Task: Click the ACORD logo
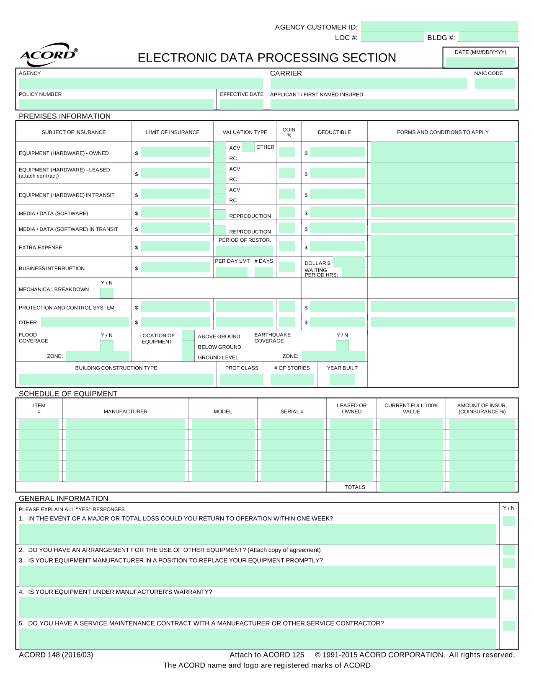tap(48, 55)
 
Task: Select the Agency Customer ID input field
tap(439, 26)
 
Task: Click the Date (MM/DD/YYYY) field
tap(480, 62)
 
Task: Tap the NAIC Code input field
tap(494, 83)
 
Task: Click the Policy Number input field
tap(116, 104)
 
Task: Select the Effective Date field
tap(241, 104)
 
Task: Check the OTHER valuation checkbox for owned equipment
tap(248, 147)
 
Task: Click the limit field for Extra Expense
tap(175, 246)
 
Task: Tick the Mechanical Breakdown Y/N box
tap(106, 293)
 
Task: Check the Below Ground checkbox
tap(188, 346)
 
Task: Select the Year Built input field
tap(342, 379)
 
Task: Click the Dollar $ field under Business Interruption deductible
tap(348, 262)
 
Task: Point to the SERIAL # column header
tap(292, 411)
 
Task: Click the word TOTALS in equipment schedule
tap(354, 487)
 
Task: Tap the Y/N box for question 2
tap(508, 550)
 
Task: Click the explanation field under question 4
tap(257, 607)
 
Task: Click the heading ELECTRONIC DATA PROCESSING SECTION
tap(267, 58)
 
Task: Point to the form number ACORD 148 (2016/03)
tap(56, 655)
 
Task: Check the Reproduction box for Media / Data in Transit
tap(219, 230)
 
